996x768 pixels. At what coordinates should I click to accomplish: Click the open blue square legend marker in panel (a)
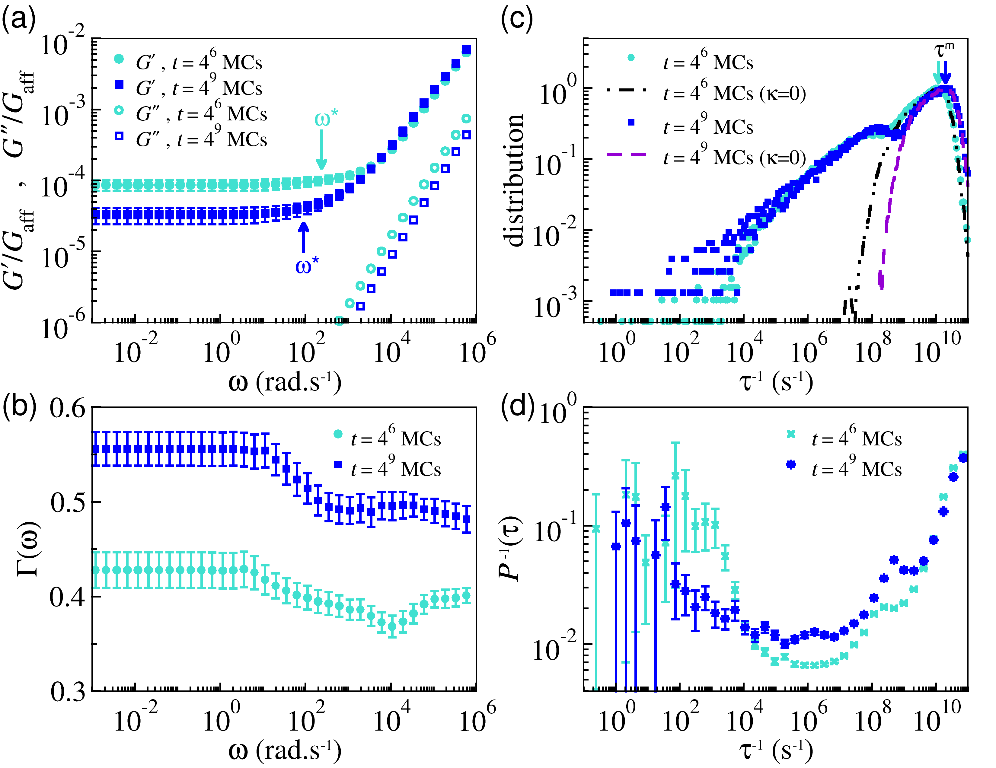[119, 136]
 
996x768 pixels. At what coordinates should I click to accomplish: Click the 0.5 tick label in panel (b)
[68, 502]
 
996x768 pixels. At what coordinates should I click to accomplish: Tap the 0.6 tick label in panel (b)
[68, 408]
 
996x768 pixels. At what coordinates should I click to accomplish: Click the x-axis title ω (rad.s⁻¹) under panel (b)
[285, 750]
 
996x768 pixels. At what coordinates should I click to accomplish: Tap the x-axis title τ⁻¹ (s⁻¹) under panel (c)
[775, 382]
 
